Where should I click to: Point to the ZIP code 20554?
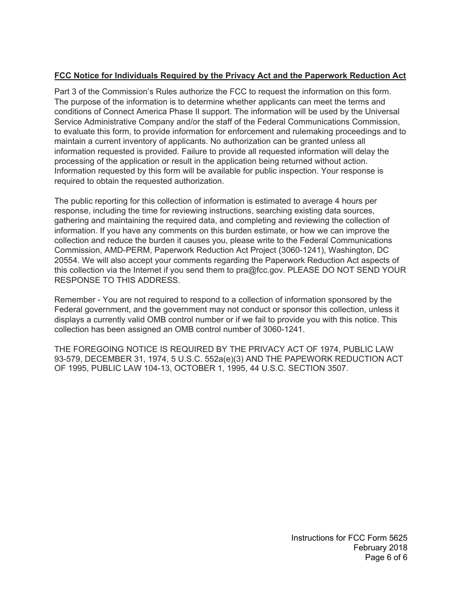66,260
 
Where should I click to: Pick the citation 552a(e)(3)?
241,359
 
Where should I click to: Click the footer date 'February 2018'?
380,548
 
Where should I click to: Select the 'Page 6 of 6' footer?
386,558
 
